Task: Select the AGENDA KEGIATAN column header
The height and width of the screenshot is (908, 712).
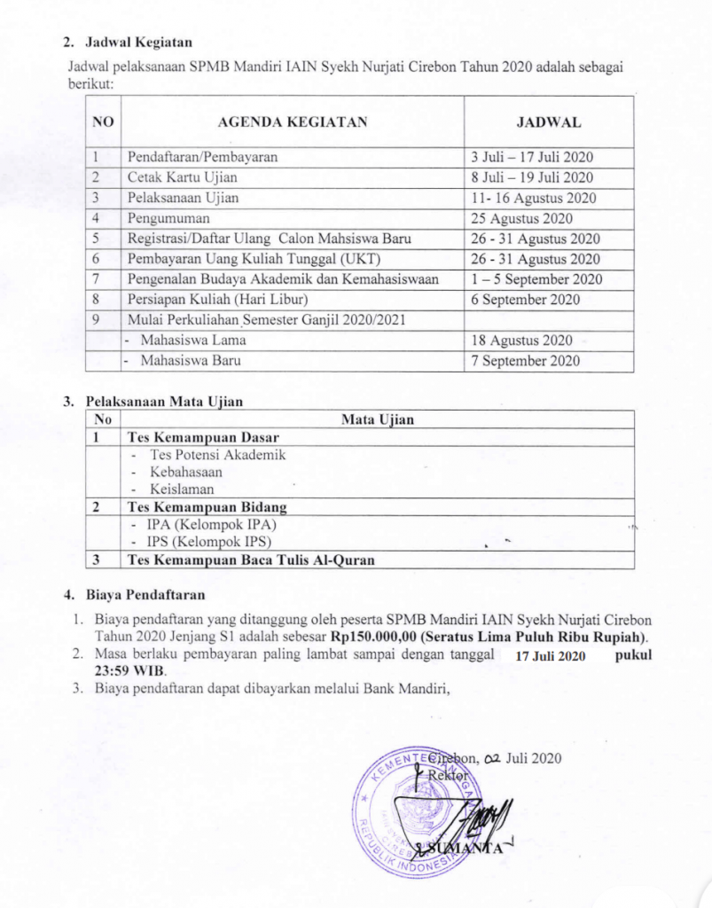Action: (292, 122)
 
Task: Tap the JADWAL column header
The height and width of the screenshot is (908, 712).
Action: (548, 122)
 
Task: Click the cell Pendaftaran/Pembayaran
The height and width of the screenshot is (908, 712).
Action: (203, 157)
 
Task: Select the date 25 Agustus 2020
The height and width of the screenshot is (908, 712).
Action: (522, 218)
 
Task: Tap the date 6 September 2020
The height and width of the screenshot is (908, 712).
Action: (526, 300)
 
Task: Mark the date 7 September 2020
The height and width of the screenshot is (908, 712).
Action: (526, 361)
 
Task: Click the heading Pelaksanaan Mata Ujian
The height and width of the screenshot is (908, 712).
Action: (163, 401)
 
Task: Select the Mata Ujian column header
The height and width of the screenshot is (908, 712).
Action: (378, 419)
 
